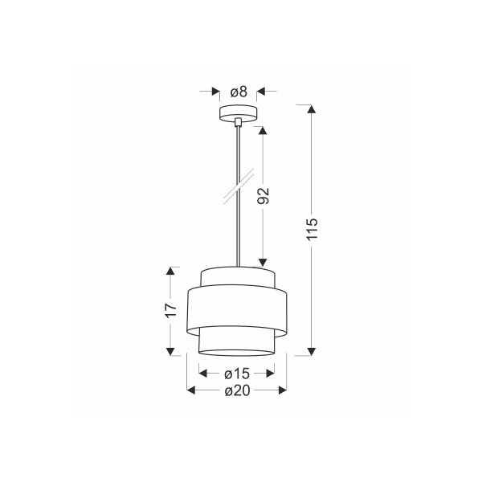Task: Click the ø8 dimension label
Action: [239, 92]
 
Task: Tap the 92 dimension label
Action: [263, 195]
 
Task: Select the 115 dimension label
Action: [312, 229]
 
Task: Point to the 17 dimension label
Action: [170, 310]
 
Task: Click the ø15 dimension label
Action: [237, 374]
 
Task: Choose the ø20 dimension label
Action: [237, 390]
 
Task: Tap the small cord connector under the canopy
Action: [238, 122]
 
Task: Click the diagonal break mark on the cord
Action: [239, 186]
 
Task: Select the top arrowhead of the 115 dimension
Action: [312, 109]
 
